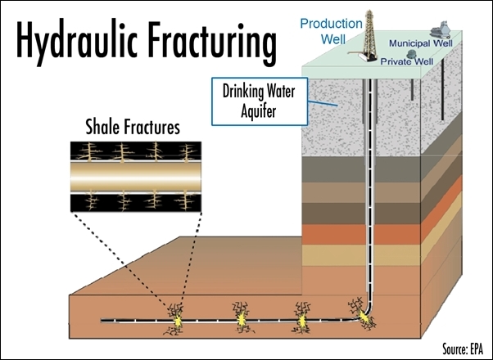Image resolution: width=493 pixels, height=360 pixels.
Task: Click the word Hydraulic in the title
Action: tap(77, 42)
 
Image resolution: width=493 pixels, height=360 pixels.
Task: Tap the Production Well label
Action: tap(332, 31)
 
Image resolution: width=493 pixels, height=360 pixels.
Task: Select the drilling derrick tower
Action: tap(369, 35)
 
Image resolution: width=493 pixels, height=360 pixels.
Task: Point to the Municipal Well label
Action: tap(421, 43)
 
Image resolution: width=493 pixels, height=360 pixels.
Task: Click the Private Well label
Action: tap(406, 61)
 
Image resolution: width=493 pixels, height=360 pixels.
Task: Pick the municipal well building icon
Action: tap(440, 30)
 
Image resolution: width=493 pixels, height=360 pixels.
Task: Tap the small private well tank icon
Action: tap(411, 54)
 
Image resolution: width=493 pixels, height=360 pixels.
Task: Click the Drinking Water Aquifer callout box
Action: tap(260, 101)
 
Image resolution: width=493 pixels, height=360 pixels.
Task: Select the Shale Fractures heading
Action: tap(133, 128)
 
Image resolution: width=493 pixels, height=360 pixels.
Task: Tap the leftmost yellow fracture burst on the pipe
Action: tap(178, 321)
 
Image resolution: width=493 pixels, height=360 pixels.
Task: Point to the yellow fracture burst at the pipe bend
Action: tap(364, 316)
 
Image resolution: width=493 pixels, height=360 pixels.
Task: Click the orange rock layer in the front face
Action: tap(361, 234)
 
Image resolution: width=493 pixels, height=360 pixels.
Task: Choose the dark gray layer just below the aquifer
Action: tap(361, 169)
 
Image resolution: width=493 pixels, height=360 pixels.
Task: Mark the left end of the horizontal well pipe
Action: tap(102, 321)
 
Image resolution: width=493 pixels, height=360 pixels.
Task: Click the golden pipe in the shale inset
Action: tap(136, 177)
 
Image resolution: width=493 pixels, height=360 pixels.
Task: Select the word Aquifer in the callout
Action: tap(259, 111)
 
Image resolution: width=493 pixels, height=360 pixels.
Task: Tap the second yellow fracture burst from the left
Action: tap(242, 319)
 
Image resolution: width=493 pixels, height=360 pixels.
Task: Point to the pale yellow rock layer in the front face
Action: tap(361, 255)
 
